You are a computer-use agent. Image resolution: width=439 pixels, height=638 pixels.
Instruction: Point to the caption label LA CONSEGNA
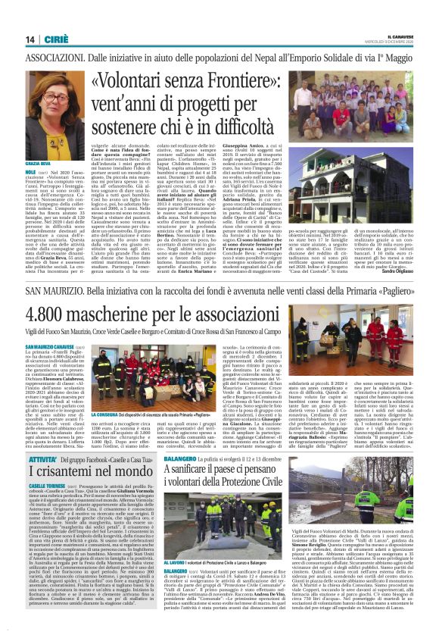[106, 414]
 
